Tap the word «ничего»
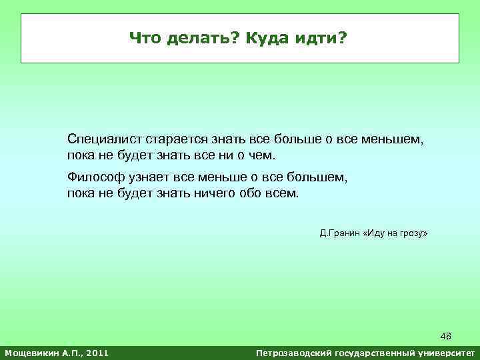[226, 193]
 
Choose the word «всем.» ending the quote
[285, 193]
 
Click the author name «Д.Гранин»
[339, 234]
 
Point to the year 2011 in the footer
[95, 352]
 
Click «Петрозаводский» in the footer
[293, 352]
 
